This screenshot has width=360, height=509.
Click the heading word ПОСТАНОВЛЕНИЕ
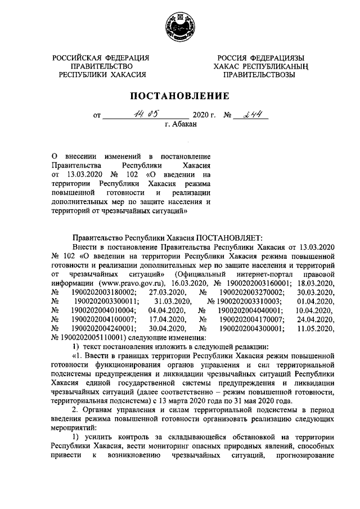click(x=180, y=96)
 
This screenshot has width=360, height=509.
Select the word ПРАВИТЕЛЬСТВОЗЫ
click(x=258, y=75)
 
